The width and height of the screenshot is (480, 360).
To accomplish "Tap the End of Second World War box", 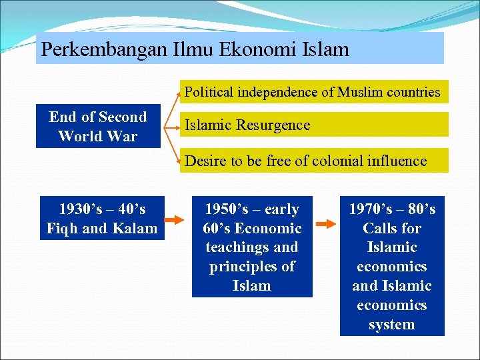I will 98,127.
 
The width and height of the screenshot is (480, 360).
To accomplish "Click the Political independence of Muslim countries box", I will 313,92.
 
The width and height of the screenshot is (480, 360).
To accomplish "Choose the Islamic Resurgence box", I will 313,125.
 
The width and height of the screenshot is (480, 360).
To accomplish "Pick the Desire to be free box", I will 313,161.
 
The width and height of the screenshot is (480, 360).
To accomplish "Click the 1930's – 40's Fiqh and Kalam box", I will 102,219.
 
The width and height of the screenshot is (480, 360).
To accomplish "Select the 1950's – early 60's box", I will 252,247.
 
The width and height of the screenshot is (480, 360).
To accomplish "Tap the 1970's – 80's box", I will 392,267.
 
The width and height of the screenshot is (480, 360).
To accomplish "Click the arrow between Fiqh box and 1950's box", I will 175,219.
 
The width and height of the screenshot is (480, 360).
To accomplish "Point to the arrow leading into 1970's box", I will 326,224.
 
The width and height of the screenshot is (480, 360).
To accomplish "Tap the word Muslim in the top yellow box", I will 363,92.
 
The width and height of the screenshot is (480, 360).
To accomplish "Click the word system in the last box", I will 392,325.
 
